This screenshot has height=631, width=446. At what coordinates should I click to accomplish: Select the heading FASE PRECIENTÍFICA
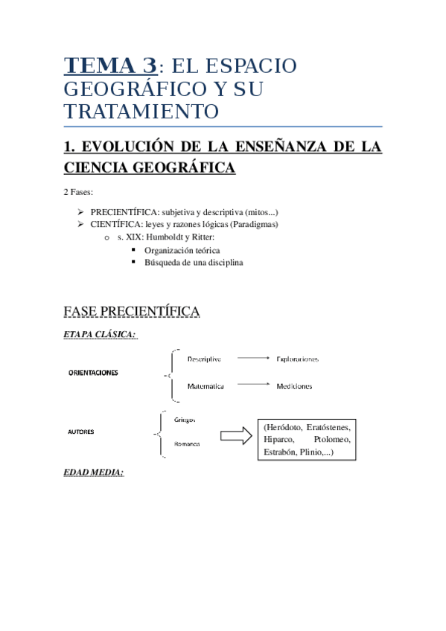coord(132,310)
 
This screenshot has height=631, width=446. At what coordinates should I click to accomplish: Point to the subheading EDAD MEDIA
coord(93,472)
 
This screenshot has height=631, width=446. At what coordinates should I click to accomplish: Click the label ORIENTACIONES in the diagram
coord(93,372)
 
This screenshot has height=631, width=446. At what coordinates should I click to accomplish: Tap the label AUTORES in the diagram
coord(81,432)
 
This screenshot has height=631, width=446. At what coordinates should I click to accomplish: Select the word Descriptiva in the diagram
coord(204,359)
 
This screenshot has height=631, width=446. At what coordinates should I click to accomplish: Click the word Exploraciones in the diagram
coord(297,359)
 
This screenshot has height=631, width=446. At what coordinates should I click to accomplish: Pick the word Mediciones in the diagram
coord(294,386)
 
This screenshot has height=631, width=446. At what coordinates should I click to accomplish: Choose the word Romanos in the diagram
coord(186,444)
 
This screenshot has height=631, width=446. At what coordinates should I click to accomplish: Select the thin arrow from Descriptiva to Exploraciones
coord(249,358)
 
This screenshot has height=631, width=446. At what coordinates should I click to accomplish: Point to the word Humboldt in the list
coord(166,237)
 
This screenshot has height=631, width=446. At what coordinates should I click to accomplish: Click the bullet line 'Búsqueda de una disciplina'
coord(194,262)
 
